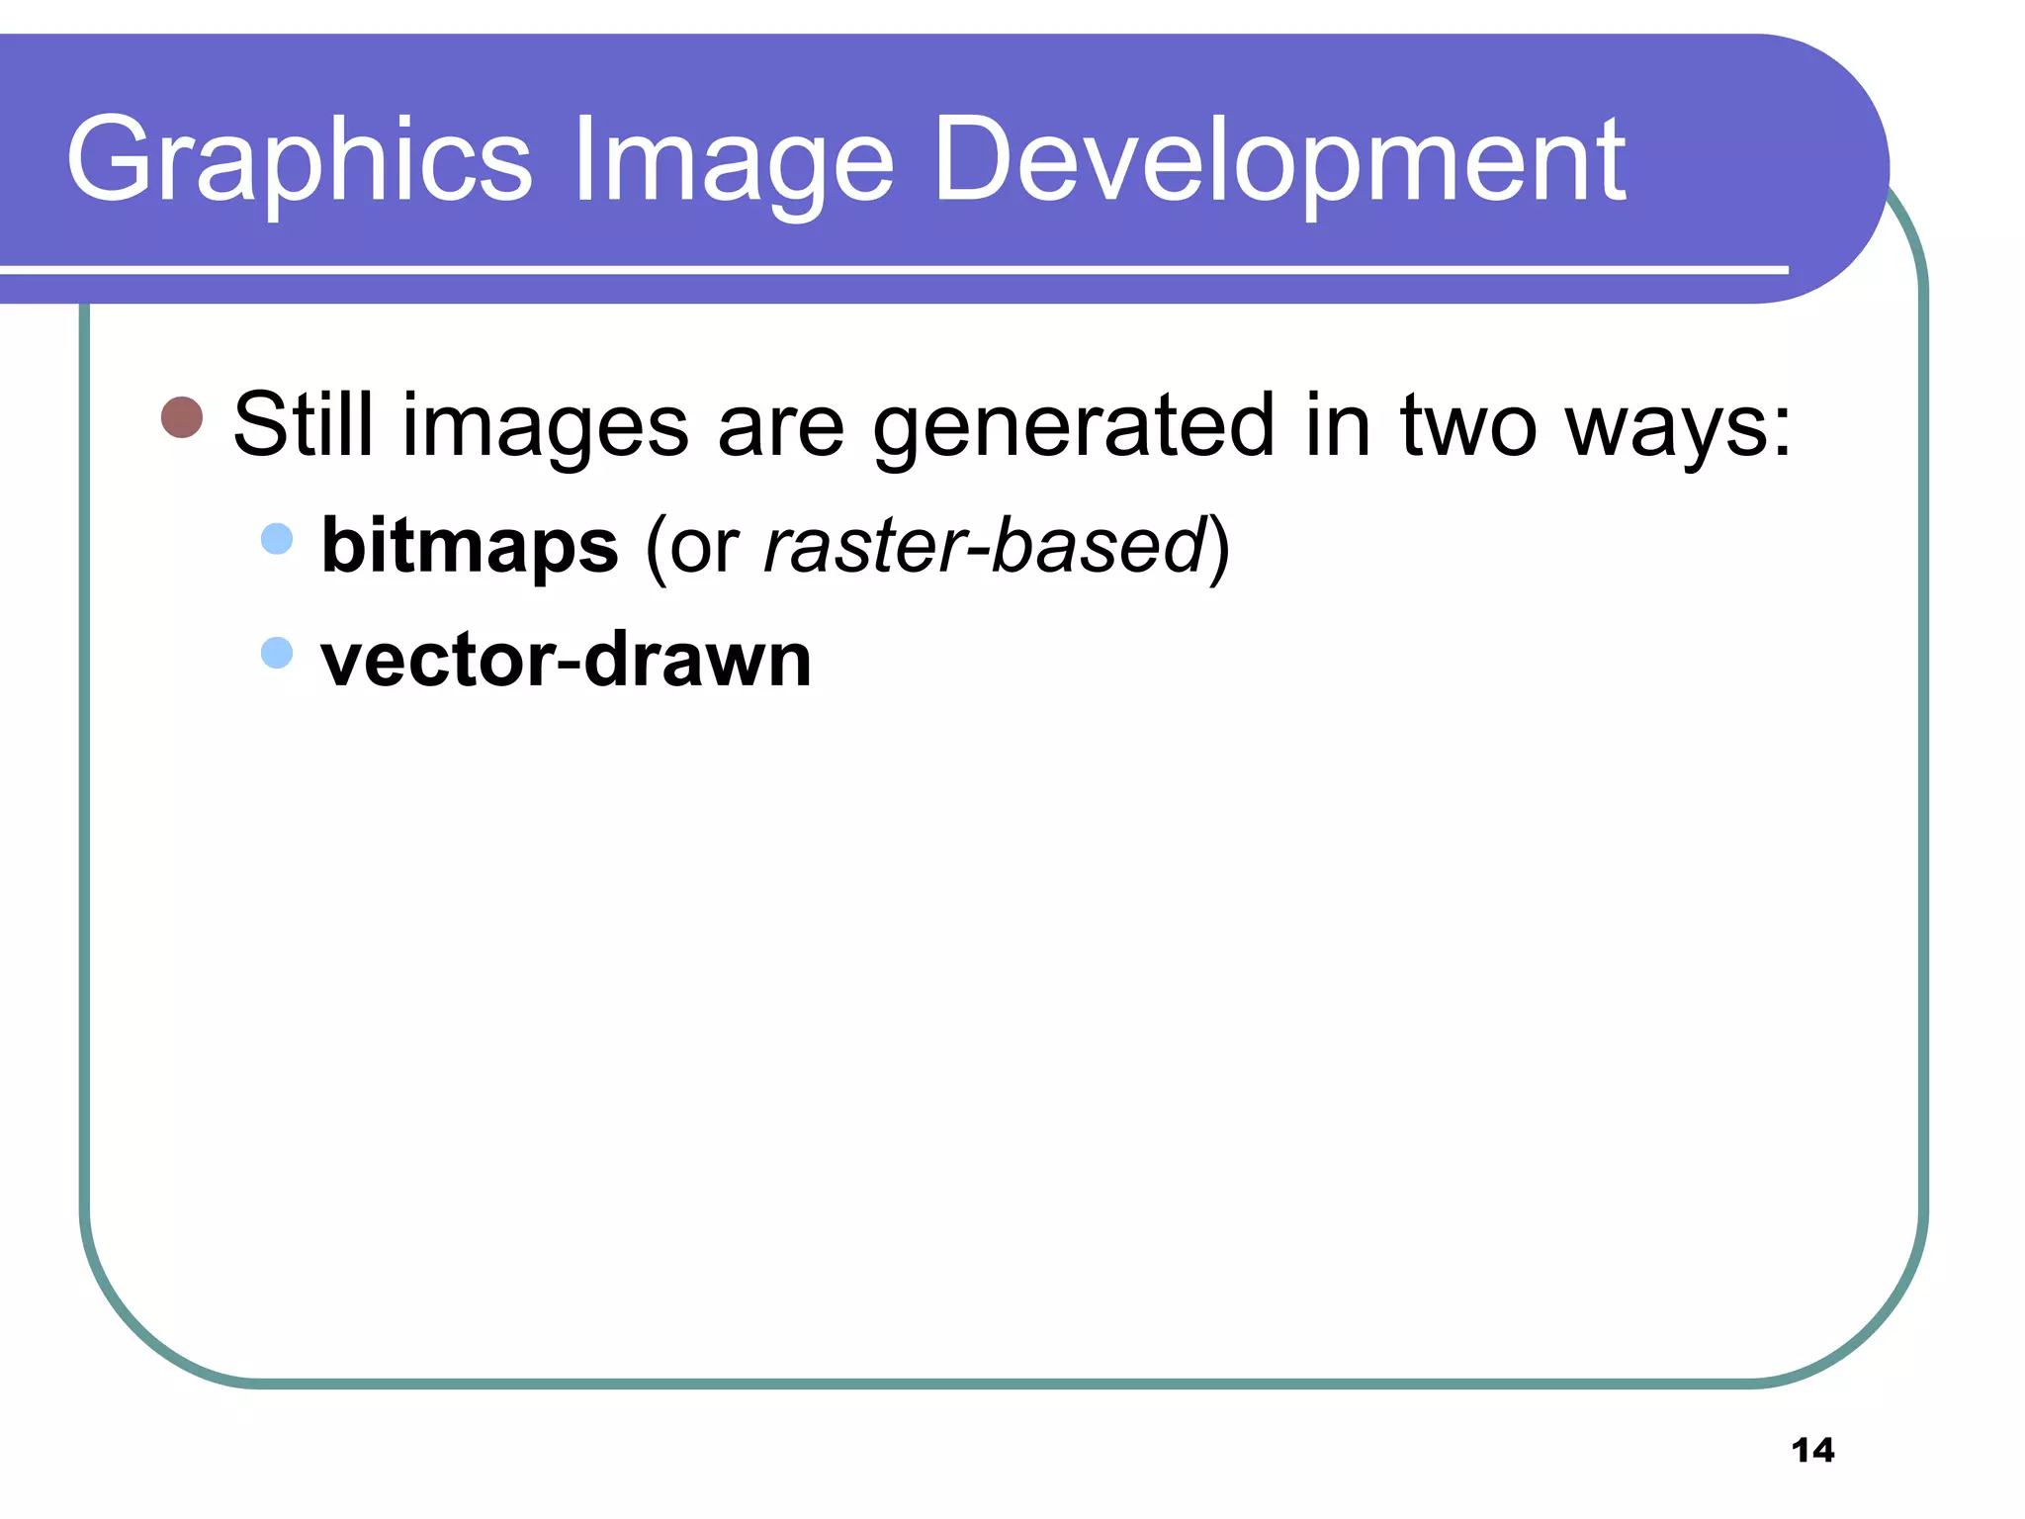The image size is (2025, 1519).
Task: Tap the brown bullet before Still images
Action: pos(182,417)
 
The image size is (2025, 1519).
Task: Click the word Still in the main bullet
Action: pos(303,425)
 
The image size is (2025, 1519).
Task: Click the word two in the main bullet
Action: pos(1468,425)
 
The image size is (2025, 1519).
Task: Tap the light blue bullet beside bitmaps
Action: pos(277,539)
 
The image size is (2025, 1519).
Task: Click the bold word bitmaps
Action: pos(470,546)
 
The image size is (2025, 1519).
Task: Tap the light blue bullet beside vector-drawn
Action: pos(277,653)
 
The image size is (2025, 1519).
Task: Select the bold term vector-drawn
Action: pos(566,660)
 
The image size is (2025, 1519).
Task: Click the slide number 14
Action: pos(1812,1450)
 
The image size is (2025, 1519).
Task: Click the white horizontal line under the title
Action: pos(890,269)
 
